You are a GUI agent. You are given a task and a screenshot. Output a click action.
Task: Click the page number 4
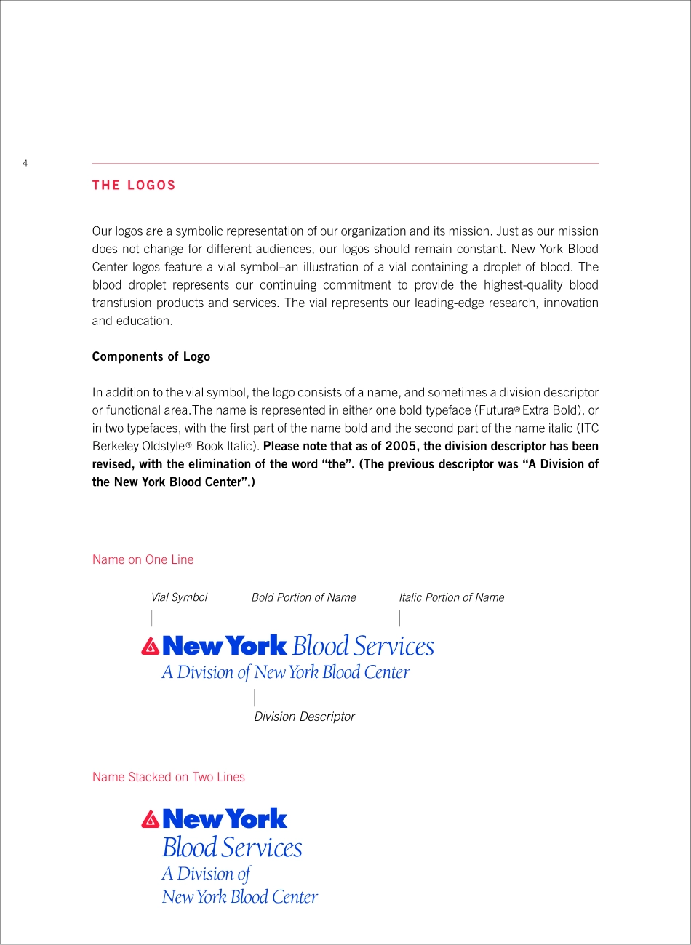(25, 163)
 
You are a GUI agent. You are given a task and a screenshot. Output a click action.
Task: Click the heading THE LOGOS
(134, 186)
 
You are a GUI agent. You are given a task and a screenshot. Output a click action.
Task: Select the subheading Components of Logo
(151, 356)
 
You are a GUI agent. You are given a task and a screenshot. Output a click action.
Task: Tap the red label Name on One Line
(143, 559)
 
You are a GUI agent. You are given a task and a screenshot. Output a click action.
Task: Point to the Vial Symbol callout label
(179, 597)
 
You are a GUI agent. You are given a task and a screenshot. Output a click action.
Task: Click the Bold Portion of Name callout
(303, 597)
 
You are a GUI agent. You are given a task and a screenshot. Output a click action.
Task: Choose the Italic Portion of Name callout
(451, 597)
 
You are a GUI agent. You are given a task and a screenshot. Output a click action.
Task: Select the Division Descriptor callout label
(304, 717)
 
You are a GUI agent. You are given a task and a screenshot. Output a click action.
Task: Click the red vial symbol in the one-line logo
(151, 646)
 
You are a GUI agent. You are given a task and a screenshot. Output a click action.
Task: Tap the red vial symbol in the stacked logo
(151, 819)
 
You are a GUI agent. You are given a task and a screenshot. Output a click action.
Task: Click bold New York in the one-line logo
(225, 645)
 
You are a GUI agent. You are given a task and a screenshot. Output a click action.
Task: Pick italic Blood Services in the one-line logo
(363, 646)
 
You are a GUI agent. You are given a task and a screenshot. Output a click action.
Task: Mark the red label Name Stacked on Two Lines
(169, 777)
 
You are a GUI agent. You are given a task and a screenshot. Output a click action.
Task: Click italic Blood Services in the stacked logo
(232, 848)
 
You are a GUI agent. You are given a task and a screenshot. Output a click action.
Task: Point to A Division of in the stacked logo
(207, 874)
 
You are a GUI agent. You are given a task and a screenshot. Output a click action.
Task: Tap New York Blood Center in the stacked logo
(240, 897)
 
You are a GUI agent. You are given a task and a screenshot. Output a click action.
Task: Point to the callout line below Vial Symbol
(152, 618)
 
